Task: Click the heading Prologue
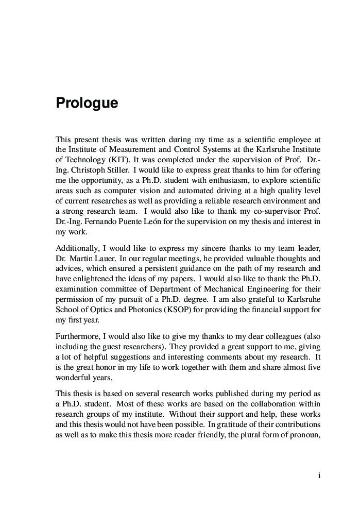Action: [87, 104]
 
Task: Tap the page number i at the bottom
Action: [319, 476]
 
